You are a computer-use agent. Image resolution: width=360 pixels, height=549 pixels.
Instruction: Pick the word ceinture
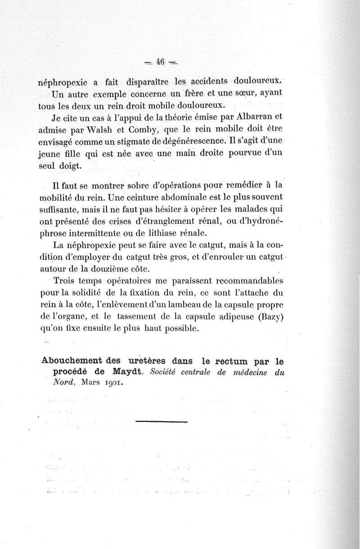(142, 197)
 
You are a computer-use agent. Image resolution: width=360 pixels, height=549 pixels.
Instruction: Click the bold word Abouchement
(71, 361)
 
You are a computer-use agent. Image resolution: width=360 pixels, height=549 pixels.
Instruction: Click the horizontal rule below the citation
(161, 422)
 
